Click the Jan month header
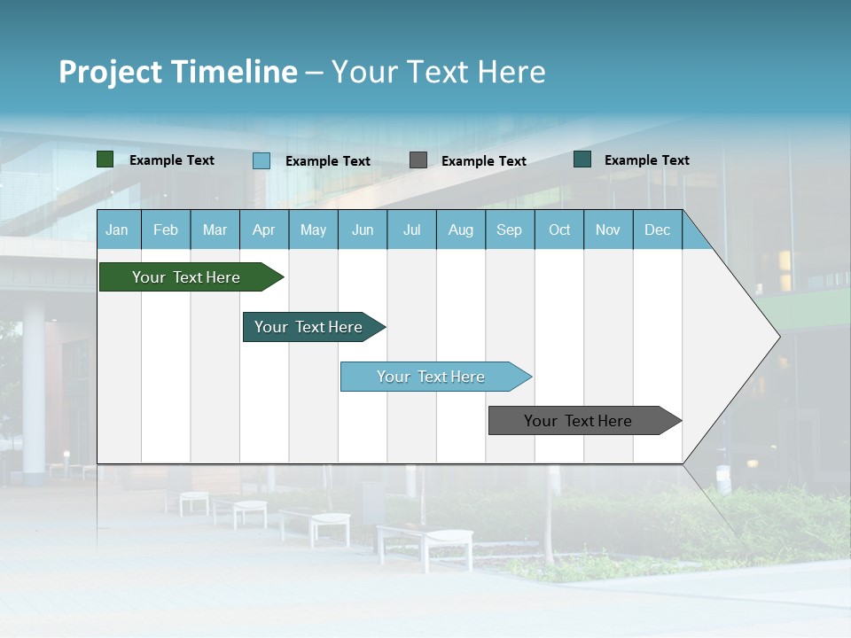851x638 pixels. pos(117,230)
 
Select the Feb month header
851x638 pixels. pos(166,230)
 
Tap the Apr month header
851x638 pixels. pos(263,230)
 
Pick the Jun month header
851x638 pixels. pos(363,230)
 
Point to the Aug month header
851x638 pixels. pos(460,230)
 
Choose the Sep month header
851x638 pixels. pos(509,230)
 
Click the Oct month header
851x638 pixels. pos(559,230)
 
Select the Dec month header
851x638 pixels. pos(657,230)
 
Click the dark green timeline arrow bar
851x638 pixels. pos(187,277)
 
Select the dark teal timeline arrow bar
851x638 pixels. pos(309,327)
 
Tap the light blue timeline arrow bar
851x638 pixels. pos(432,377)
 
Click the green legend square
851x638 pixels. pos(105,159)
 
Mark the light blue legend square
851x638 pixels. pos(261,160)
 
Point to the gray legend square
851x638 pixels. pos(418,160)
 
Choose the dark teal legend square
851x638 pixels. pos(582,159)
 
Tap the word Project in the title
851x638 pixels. pos(111,72)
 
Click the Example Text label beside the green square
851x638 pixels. pos(172,160)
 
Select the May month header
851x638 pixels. pos(313,230)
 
